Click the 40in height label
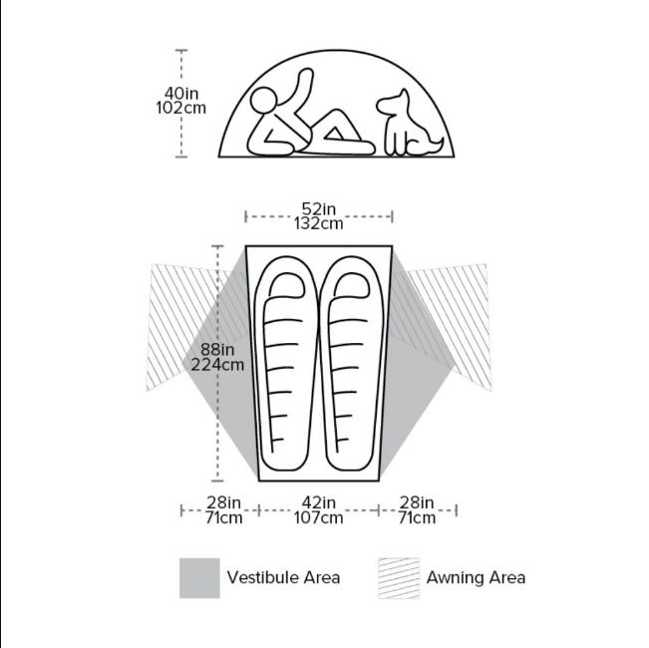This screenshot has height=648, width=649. pos(181,94)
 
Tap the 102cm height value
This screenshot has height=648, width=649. pos(180,109)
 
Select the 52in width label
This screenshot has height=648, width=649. pos(319,209)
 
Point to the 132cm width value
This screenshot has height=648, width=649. pos(319,224)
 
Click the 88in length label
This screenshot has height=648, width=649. pos(217,350)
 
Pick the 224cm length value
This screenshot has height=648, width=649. pos(217,365)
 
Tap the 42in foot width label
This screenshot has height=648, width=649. pos(319,502)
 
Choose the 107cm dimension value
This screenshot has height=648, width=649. pos(319,517)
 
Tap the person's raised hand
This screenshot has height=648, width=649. pos(307,76)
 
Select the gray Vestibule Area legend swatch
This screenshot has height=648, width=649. pos(199,578)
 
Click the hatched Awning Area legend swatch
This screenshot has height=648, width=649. pos(399,578)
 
